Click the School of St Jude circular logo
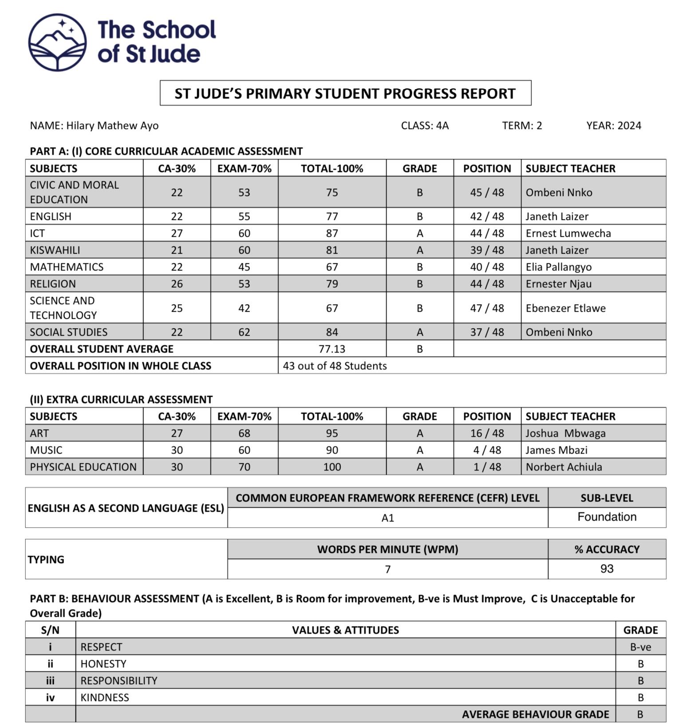[57, 42]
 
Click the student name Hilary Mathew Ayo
[112, 125]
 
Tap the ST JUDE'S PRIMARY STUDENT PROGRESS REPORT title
[345, 94]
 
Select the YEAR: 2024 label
[613, 125]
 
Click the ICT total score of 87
[332, 233]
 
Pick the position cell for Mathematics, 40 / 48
[487, 267]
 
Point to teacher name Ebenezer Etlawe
[565, 308]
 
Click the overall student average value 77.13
[332, 349]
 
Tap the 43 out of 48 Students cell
[335, 366]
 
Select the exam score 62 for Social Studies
[244, 332]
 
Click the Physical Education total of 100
[332, 467]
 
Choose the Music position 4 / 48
[487, 450]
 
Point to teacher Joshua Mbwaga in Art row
[565, 433]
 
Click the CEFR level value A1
[387, 518]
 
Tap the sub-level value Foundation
[607, 517]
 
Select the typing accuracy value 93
[607, 569]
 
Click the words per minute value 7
[387, 569]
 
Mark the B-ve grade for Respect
[640, 647]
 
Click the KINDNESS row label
[105, 698]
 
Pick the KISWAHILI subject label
[55, 250]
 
